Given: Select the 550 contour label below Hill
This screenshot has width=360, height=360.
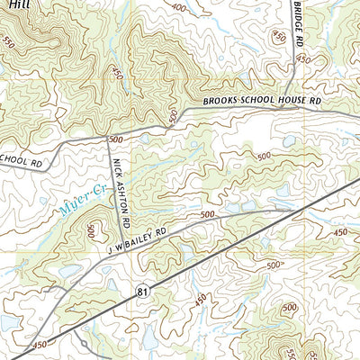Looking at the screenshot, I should click(8, 42).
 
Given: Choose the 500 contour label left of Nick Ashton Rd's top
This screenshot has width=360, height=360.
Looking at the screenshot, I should click(115, 140).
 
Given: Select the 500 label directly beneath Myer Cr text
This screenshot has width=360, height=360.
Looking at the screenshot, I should click(91, 231).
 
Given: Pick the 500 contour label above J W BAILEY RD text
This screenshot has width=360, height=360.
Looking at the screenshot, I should click(208, 214).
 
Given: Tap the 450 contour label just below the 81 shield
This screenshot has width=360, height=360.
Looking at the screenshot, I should click(200, 299).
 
